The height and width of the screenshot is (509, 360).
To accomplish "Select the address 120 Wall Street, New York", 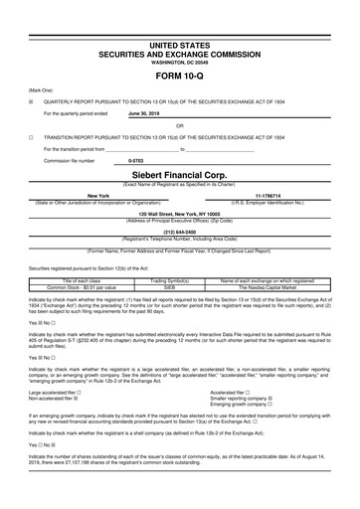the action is pyautogui.click(x=180, y=214).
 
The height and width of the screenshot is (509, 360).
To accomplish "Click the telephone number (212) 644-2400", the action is pyautogui.click(x=180, y=233).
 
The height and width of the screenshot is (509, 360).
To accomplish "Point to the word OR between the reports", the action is pyautogui.click(x=180, y=126).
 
